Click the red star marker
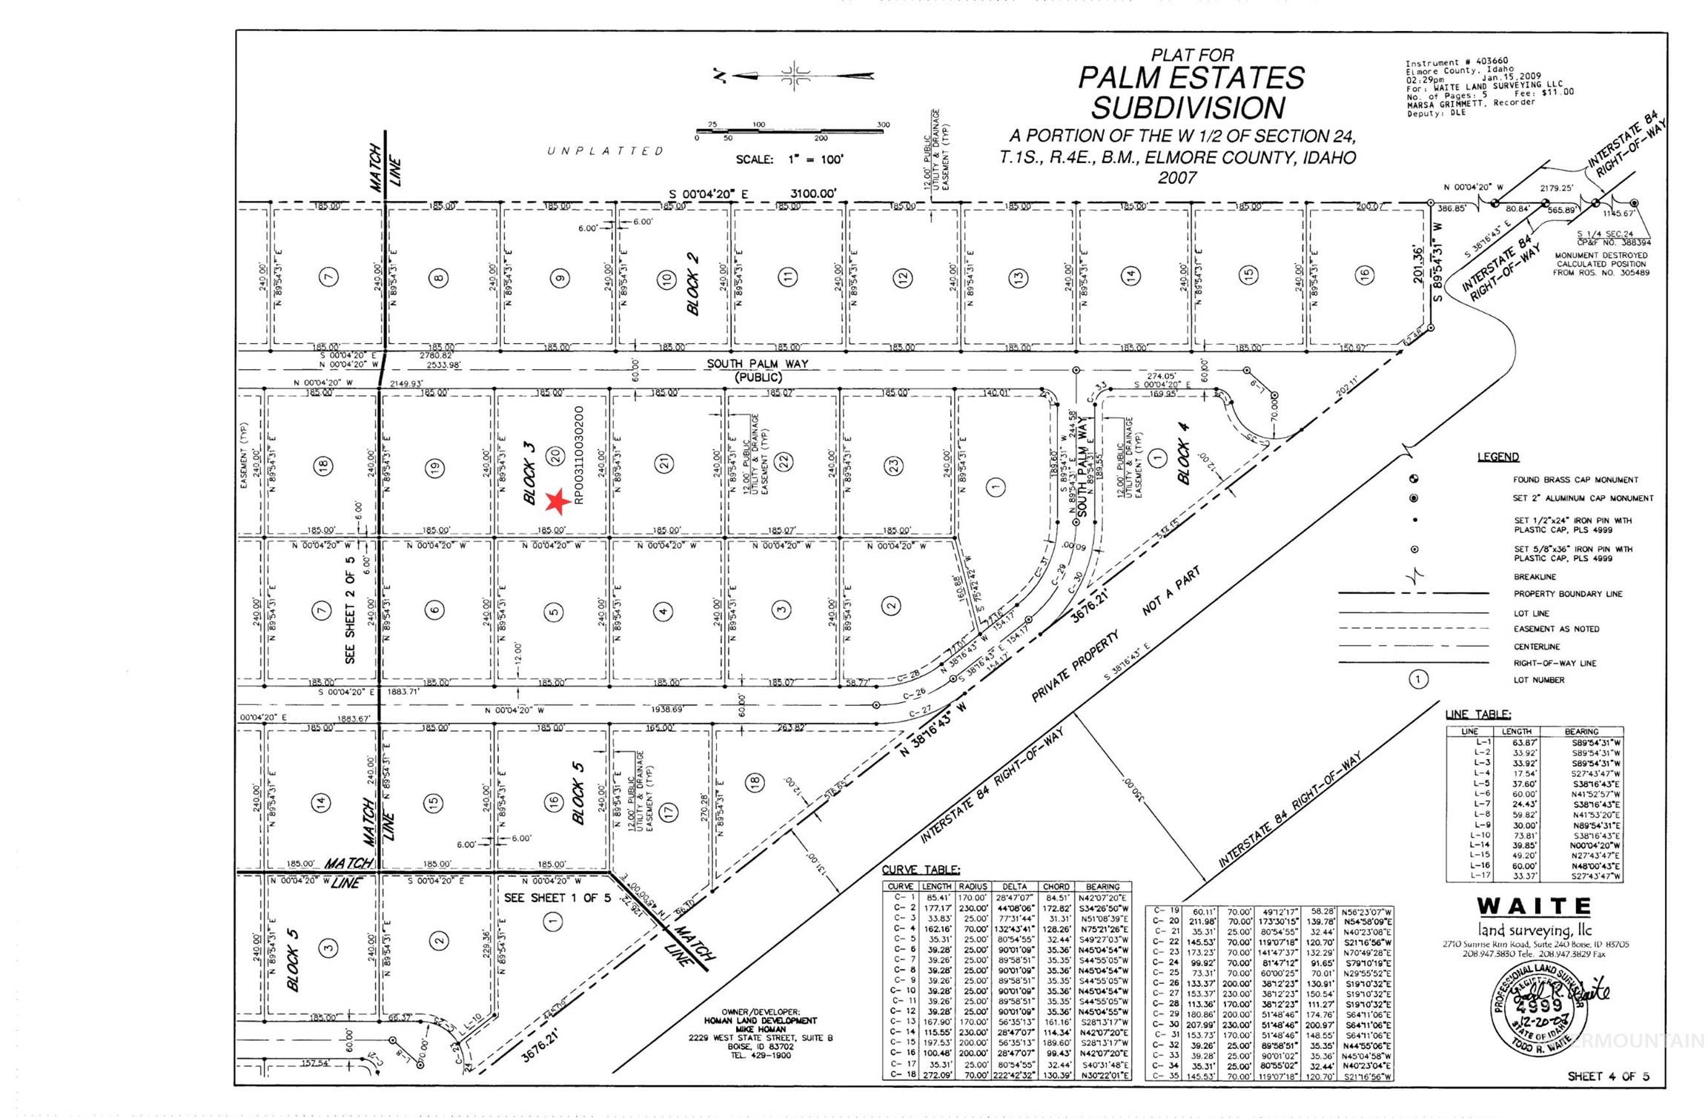pyautogui.click(x=557, y=502)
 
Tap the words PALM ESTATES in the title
pyautogui.click(x=1191, y=78)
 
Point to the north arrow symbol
pyautogui.click(x=794, y=75)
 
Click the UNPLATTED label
pyautogui.click(x=605, y=151)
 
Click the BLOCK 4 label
pyautogui.click(x=1184, y=463)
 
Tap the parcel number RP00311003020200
pyautogui.click(x=579, y=454)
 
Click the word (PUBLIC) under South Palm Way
pyautogui.click(x=758, y=377)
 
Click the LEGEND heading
pyautogui.click(x=1497, y=457)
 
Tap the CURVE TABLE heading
pyautogui.click(x=921, y=870)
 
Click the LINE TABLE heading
pyautogui.click(x=1477, y=715)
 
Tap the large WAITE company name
pyautogui.click(x=1534, y=907)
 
